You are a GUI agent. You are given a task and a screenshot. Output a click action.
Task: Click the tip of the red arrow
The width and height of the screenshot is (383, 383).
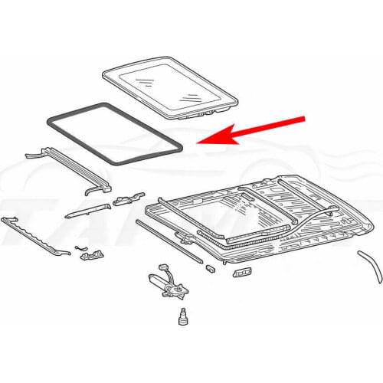coord(198,142)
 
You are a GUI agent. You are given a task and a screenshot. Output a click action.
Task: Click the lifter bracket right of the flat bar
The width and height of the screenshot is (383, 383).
coord(123,201)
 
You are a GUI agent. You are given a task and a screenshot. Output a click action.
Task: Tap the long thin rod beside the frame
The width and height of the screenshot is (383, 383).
coord(169,241)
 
